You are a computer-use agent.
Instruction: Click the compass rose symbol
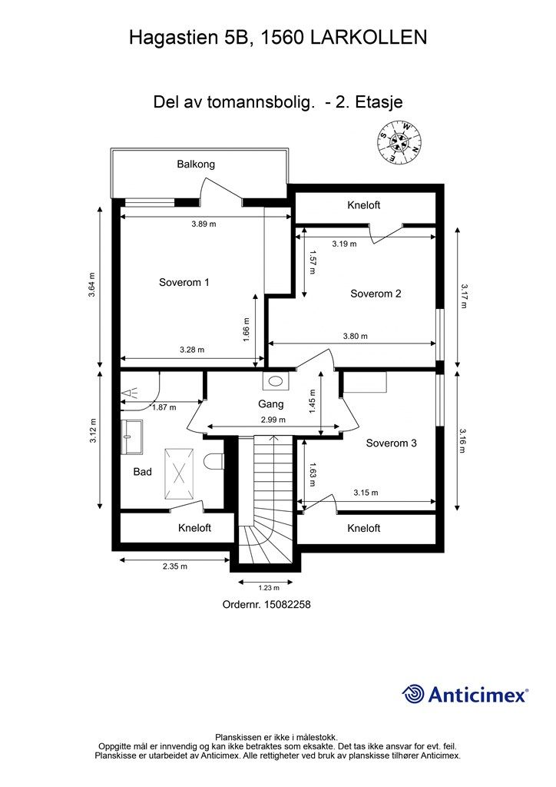(x=399, y=141)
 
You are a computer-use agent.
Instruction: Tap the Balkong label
(x=196, y=164)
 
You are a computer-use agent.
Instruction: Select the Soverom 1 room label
(x=184, y=282)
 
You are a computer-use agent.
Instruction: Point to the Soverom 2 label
(x=376, y=294)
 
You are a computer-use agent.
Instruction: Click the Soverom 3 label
(x=391, y=443)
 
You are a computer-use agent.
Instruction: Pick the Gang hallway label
(x=271, y=404)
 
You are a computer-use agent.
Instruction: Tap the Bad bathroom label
(x=142, y=472)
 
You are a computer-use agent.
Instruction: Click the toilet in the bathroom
(x=214, y=461)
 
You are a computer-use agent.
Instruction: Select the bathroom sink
(x=132, y=437)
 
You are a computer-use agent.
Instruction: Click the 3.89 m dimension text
(x=204, y=224)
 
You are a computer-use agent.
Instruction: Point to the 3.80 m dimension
(x=355, y=337)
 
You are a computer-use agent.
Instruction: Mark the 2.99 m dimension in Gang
(x=273, y=420)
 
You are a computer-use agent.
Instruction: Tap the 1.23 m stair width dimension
(x=269, y=588)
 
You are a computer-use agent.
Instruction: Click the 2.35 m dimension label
(x=175, y=566)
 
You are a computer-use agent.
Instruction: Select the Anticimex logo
(x=465, y=694)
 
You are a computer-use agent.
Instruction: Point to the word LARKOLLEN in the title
(x=369, y=38)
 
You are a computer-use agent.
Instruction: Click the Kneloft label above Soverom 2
(x=363, y=204)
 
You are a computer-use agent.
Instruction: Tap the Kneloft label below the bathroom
(x=194, y=528)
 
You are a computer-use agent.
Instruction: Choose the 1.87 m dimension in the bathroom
(x=164, y=407)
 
